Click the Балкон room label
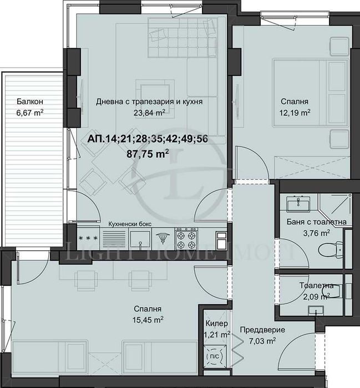click(x=30, y=102)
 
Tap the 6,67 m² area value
click(x=30, y=113)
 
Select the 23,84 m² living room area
click(x=149, y=113)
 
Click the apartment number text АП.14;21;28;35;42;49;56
click(x=148, y=139)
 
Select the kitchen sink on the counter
click(x=140, y=239)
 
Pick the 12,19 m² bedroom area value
click(x=295, y=113)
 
